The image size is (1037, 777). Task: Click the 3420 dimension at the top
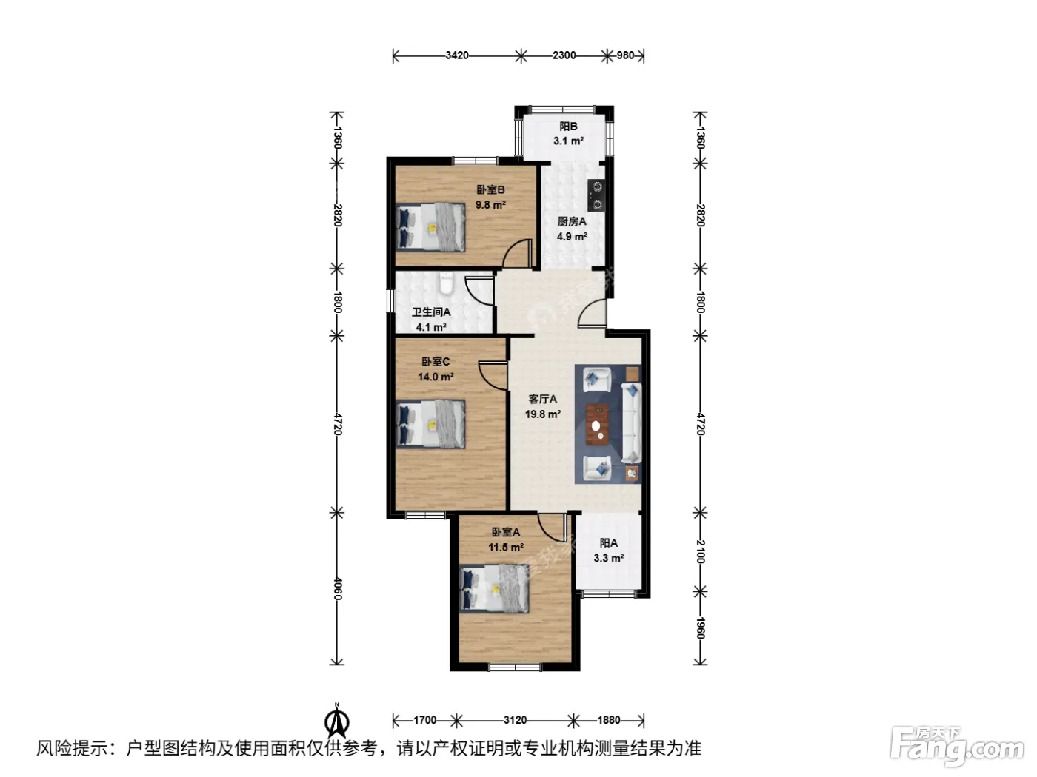point(456,55)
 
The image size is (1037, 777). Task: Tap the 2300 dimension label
point(564,55)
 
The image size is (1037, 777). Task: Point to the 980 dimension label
point(625,55)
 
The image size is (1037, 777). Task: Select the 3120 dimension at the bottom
point(515,720)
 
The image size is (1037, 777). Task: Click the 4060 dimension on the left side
point(337,588)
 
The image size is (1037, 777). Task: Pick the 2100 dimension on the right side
point(700,551)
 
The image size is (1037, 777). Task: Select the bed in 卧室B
point(430,227)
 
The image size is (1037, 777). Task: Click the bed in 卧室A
point(494,588)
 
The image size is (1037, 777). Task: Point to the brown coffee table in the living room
point(597,424)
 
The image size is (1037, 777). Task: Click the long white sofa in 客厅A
point(631,423)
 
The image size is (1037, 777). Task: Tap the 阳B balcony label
point(568,127)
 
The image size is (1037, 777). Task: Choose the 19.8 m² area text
point(543,414)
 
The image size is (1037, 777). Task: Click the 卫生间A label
point(431,312)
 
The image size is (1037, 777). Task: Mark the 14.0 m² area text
point(436,377)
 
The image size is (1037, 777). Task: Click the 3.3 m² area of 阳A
point(609,558)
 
